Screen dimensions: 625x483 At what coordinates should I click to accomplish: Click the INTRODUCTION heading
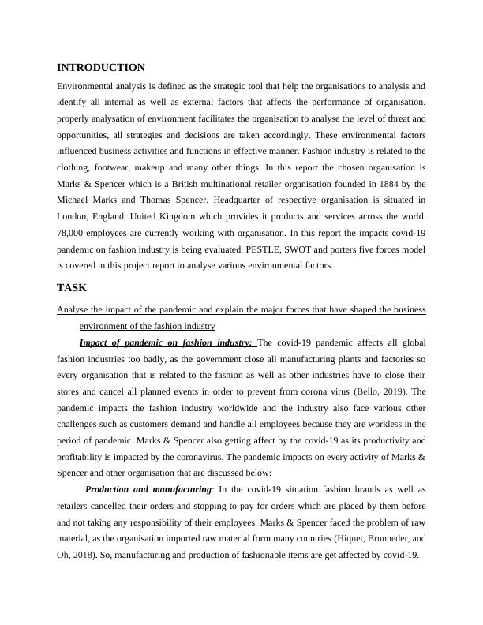(x=101, y=68)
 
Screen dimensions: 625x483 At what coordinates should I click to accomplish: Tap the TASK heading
(x=72, y=288)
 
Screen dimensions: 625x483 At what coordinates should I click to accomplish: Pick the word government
(x=217, y=357)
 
